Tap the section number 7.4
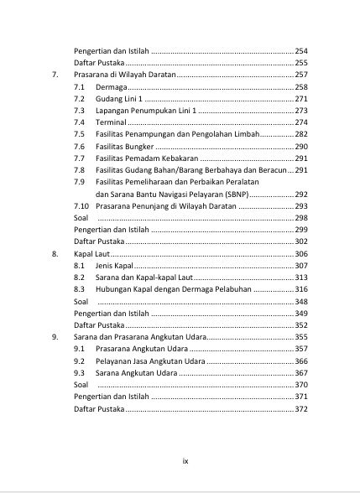[79, 122]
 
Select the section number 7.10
[81, 205]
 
